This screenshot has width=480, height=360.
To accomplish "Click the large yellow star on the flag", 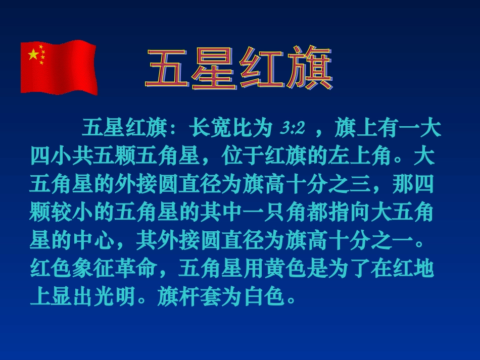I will click(x=33, y=54).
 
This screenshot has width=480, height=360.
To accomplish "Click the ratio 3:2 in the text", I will click(x=293, y=129).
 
